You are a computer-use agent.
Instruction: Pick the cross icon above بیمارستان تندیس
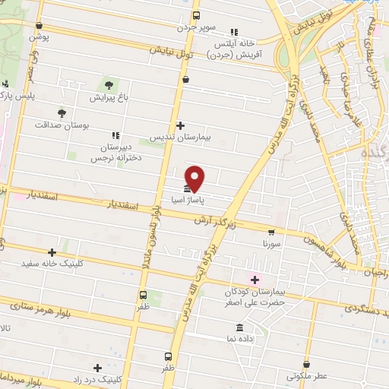point(180,125)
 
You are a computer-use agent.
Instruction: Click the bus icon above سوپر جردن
point(196,15)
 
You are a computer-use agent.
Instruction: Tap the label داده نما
point(241,339)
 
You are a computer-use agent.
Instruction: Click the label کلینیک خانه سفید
point(52,265)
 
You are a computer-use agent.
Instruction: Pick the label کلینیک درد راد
point(97,378)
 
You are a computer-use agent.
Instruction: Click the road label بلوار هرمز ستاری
point(40,306)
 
